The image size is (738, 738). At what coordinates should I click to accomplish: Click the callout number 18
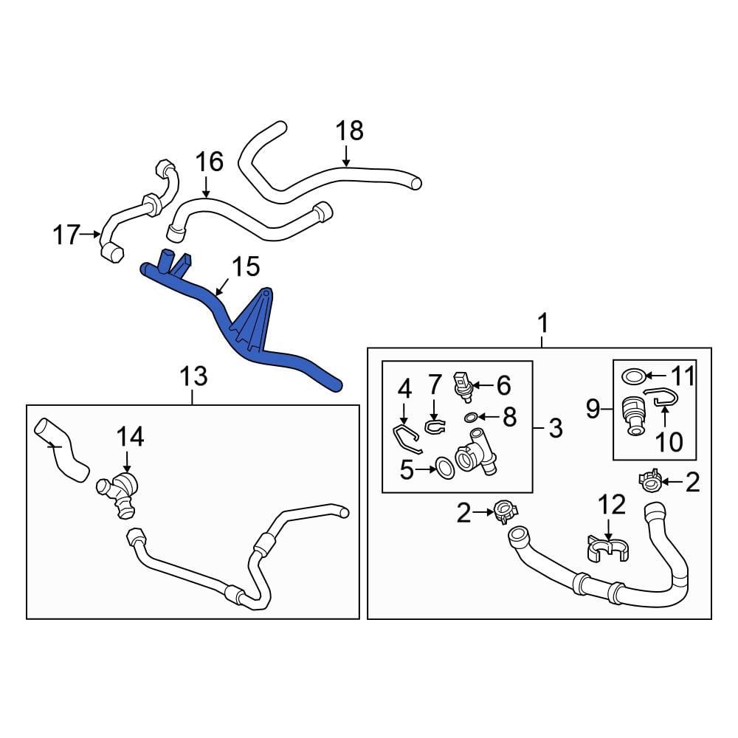coord(350,131)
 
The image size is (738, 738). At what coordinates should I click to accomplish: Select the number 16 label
coord(209,162)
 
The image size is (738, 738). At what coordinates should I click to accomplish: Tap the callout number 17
coord(66,235)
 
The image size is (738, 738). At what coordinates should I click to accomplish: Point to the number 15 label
coord(246,267)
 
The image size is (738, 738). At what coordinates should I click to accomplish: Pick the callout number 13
coord(193,378)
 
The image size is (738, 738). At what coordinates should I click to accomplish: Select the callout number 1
coord(543,323)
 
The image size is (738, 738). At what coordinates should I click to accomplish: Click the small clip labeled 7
coord(435,425)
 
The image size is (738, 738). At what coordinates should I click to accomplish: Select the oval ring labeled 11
coord(632,377)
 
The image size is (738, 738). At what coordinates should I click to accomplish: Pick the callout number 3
coord(555,427)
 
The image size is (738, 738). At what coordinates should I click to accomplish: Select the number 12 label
coord(612,505)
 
